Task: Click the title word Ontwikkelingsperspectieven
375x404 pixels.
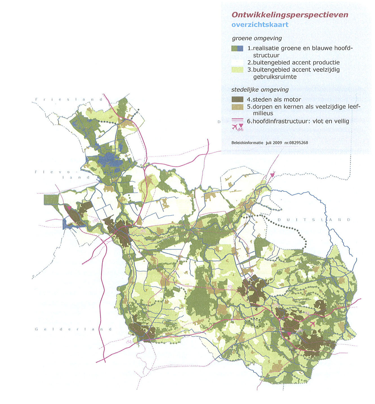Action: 290,15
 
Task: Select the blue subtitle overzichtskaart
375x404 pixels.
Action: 260,25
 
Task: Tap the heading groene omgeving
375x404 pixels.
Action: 257,38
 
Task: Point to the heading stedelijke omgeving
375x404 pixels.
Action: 260,90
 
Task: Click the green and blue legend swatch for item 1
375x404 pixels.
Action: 237,48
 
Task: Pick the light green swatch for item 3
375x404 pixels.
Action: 237,70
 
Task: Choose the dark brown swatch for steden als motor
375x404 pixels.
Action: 237,99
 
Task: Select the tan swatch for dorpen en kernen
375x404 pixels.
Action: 237,107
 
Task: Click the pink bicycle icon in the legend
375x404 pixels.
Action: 240,129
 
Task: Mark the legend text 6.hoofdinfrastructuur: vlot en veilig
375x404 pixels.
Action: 298,121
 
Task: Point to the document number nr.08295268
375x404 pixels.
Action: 296,143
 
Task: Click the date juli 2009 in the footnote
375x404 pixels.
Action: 274,143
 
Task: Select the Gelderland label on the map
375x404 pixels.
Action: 73,329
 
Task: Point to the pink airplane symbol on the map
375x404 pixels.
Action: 312,324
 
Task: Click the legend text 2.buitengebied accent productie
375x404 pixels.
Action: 293,63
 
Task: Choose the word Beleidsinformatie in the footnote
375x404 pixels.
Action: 247,143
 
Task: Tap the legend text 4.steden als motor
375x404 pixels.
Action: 274,99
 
